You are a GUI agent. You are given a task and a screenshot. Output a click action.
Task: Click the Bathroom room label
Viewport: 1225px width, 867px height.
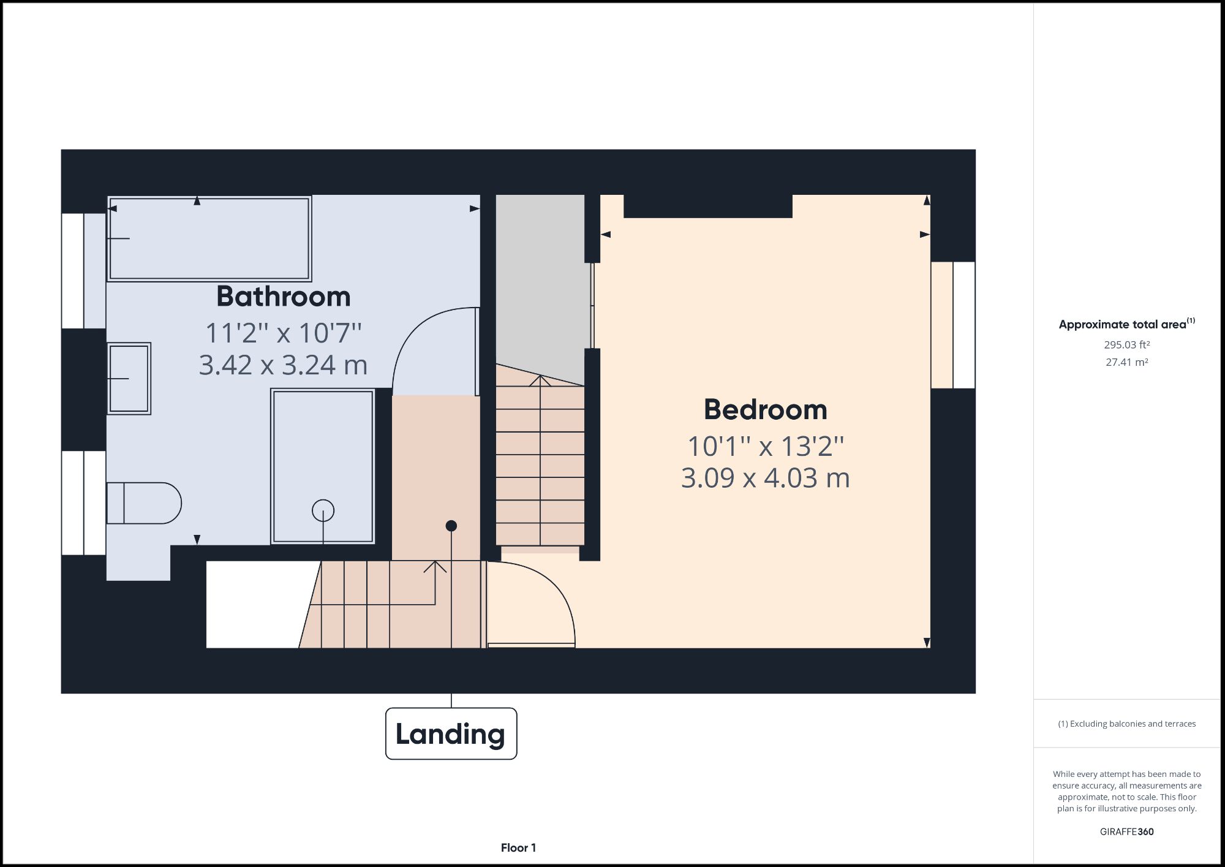(x=283, y=297)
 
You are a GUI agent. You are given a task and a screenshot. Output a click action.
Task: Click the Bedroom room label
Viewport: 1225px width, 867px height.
(x=765, y=409)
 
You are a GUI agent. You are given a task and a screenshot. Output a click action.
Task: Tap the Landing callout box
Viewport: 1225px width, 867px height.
(x=451, y=733)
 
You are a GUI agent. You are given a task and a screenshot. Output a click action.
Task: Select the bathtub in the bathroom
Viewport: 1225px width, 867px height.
(x=209, y=238)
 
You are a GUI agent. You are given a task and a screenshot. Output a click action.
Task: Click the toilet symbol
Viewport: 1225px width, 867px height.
(x=145, y=503)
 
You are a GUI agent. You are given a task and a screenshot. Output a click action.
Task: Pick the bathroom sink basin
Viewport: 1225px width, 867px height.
(x=129, y=378)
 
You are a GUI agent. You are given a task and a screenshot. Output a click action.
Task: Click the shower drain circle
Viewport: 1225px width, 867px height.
(x=323, y=510)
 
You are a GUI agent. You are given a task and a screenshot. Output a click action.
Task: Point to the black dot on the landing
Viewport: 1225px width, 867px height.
(x=451, y=526)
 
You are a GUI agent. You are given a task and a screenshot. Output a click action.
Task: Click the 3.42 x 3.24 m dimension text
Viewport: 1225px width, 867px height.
(x=283, y=365)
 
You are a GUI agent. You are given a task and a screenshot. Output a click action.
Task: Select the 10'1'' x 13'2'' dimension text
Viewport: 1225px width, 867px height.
(x=765, y=446)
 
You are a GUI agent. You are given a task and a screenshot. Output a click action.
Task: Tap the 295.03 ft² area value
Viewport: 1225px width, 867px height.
(x=1126, y=345)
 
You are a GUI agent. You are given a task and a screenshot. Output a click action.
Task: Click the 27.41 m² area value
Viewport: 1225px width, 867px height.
(x=1126, y=362)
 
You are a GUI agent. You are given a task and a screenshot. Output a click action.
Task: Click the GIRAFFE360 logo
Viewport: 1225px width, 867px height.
(x=1126, y=831)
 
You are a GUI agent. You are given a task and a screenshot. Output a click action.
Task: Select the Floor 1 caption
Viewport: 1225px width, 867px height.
(x=518, y=847)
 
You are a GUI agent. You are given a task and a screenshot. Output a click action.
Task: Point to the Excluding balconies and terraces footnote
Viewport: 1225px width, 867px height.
(x=1126, y=724)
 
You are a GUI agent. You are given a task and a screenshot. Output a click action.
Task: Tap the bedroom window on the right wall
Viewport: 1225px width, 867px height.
(x=953, y=325)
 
